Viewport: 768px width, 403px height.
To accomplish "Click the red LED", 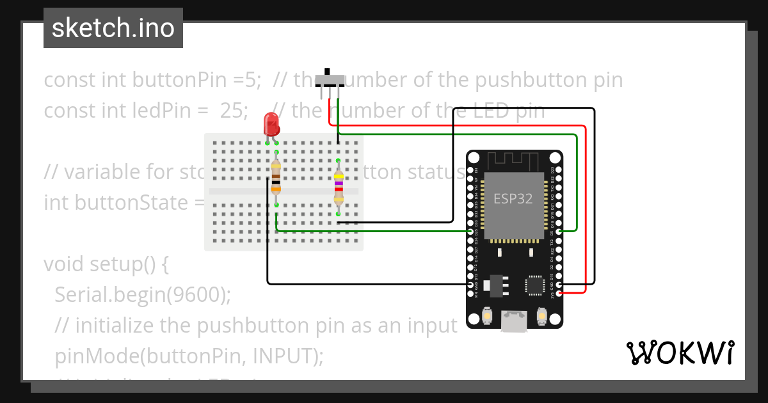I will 271,124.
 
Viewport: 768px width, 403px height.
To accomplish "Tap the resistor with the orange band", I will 276,177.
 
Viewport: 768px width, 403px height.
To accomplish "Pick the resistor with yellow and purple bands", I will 338,186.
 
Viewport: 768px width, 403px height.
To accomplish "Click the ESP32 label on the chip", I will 513,198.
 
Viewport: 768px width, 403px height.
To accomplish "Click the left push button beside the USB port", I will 487,317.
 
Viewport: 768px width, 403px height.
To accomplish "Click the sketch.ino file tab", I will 113,28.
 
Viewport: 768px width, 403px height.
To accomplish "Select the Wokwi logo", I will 680,352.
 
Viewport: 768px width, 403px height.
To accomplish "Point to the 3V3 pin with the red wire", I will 560,293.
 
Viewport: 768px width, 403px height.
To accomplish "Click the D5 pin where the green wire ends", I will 560,232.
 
